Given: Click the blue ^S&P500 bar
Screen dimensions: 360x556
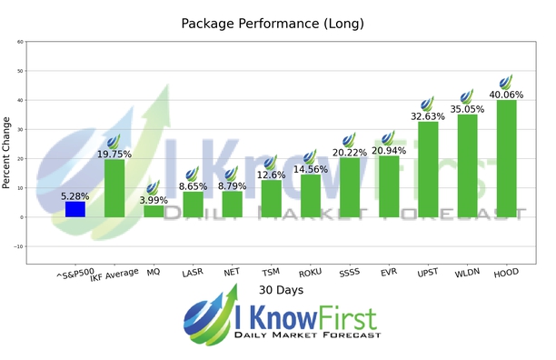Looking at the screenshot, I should [75, 209].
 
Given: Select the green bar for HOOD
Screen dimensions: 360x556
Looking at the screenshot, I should [506, 159].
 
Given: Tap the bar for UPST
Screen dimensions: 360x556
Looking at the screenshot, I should [428, 169].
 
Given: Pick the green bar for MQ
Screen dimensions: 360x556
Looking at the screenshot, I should [154, 211].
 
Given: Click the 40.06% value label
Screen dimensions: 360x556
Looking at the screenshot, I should [506, 95].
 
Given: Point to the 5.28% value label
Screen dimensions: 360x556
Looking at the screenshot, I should [75, 195].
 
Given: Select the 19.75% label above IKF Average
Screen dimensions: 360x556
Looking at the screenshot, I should [114, 154].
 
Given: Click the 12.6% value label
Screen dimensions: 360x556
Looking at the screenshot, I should [271, 175].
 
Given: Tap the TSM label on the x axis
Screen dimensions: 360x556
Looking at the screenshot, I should [269, 272].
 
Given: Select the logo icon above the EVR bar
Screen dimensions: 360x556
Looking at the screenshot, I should [388, 137].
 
